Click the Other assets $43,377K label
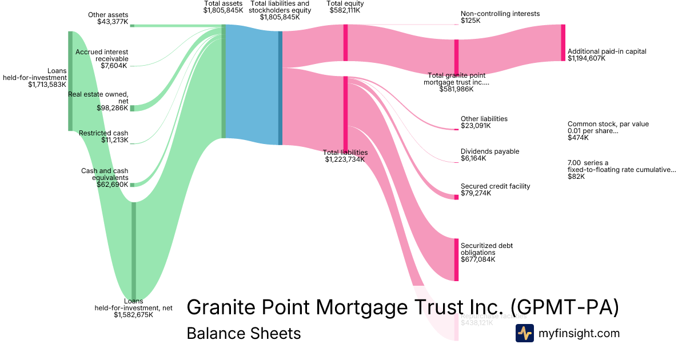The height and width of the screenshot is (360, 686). (x=108, y=18)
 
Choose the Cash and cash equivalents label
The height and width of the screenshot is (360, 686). (x=105, y=177)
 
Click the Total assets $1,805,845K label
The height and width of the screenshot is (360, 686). (x=223, y=7)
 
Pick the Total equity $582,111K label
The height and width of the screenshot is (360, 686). (x=345, y=7)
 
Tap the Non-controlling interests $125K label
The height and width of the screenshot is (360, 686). (x=500, y=17)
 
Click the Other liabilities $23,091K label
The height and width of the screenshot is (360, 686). (x=484, y=122)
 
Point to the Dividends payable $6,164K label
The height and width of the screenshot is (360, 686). (x=490, y=155)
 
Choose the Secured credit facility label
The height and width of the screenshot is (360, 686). (x=495, y=190)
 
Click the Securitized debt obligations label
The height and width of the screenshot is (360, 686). (x=486, y=252)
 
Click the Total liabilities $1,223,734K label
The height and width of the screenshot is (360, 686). (x=345, y=156)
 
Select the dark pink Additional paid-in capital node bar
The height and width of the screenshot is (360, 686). (x=563, y=43)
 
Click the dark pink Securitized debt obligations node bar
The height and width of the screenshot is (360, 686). (x=457, y=259)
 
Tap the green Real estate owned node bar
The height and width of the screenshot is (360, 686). (x=132, y=108)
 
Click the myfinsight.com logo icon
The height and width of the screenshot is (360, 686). (x=524, y=333)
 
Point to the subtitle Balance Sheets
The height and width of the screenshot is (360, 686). (x=244, y=333)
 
